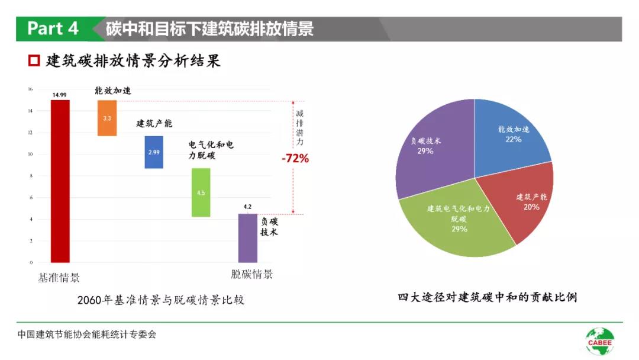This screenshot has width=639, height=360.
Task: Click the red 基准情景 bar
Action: coord(60,181)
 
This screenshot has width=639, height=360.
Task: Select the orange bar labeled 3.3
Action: coord(107,118)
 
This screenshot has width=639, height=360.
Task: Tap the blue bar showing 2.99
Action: coord(154,152)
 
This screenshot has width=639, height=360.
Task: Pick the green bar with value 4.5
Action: coord(201,192)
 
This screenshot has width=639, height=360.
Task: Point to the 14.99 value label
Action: coord(59,95)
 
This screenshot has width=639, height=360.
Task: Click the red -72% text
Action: coord(295,158)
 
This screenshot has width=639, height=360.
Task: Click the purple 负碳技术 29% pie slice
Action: coord(432,148)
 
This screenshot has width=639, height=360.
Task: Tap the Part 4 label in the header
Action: coord(53,28)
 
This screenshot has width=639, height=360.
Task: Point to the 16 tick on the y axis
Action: coord(30,89)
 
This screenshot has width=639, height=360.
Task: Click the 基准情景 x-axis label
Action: coord(59,277)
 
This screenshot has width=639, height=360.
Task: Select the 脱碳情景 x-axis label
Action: coord(251,275)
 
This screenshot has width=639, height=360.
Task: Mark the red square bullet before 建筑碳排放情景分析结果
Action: coord(34,60)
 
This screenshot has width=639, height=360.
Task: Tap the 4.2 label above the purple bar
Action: coord(247,207)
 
